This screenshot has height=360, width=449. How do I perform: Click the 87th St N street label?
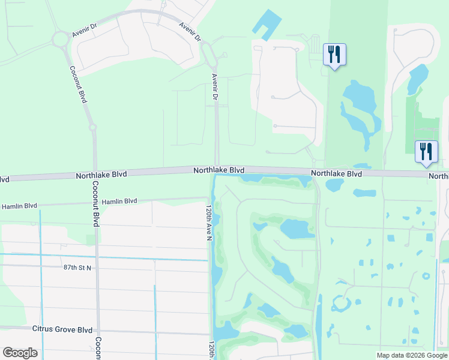[x=76, y=267]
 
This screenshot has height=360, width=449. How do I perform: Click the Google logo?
[x=20, y=353]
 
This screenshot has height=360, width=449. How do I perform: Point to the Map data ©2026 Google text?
[x=412, y=355]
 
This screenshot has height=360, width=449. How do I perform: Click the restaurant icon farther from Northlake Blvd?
[x=333, y=55]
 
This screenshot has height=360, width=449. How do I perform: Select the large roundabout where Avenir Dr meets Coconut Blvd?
[x=61, y=40]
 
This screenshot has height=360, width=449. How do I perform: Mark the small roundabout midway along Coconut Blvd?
[x=92, y=127]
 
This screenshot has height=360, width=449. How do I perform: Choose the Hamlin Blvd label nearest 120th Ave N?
[x=119, y=202]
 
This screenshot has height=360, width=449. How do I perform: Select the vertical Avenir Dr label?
[x=214, y=87]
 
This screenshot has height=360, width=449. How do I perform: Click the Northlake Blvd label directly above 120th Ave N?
[x=218, y=170]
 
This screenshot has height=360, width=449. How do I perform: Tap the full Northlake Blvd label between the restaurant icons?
[x=336, y=173]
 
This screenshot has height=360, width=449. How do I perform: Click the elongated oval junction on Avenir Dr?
[x=209, y=55]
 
